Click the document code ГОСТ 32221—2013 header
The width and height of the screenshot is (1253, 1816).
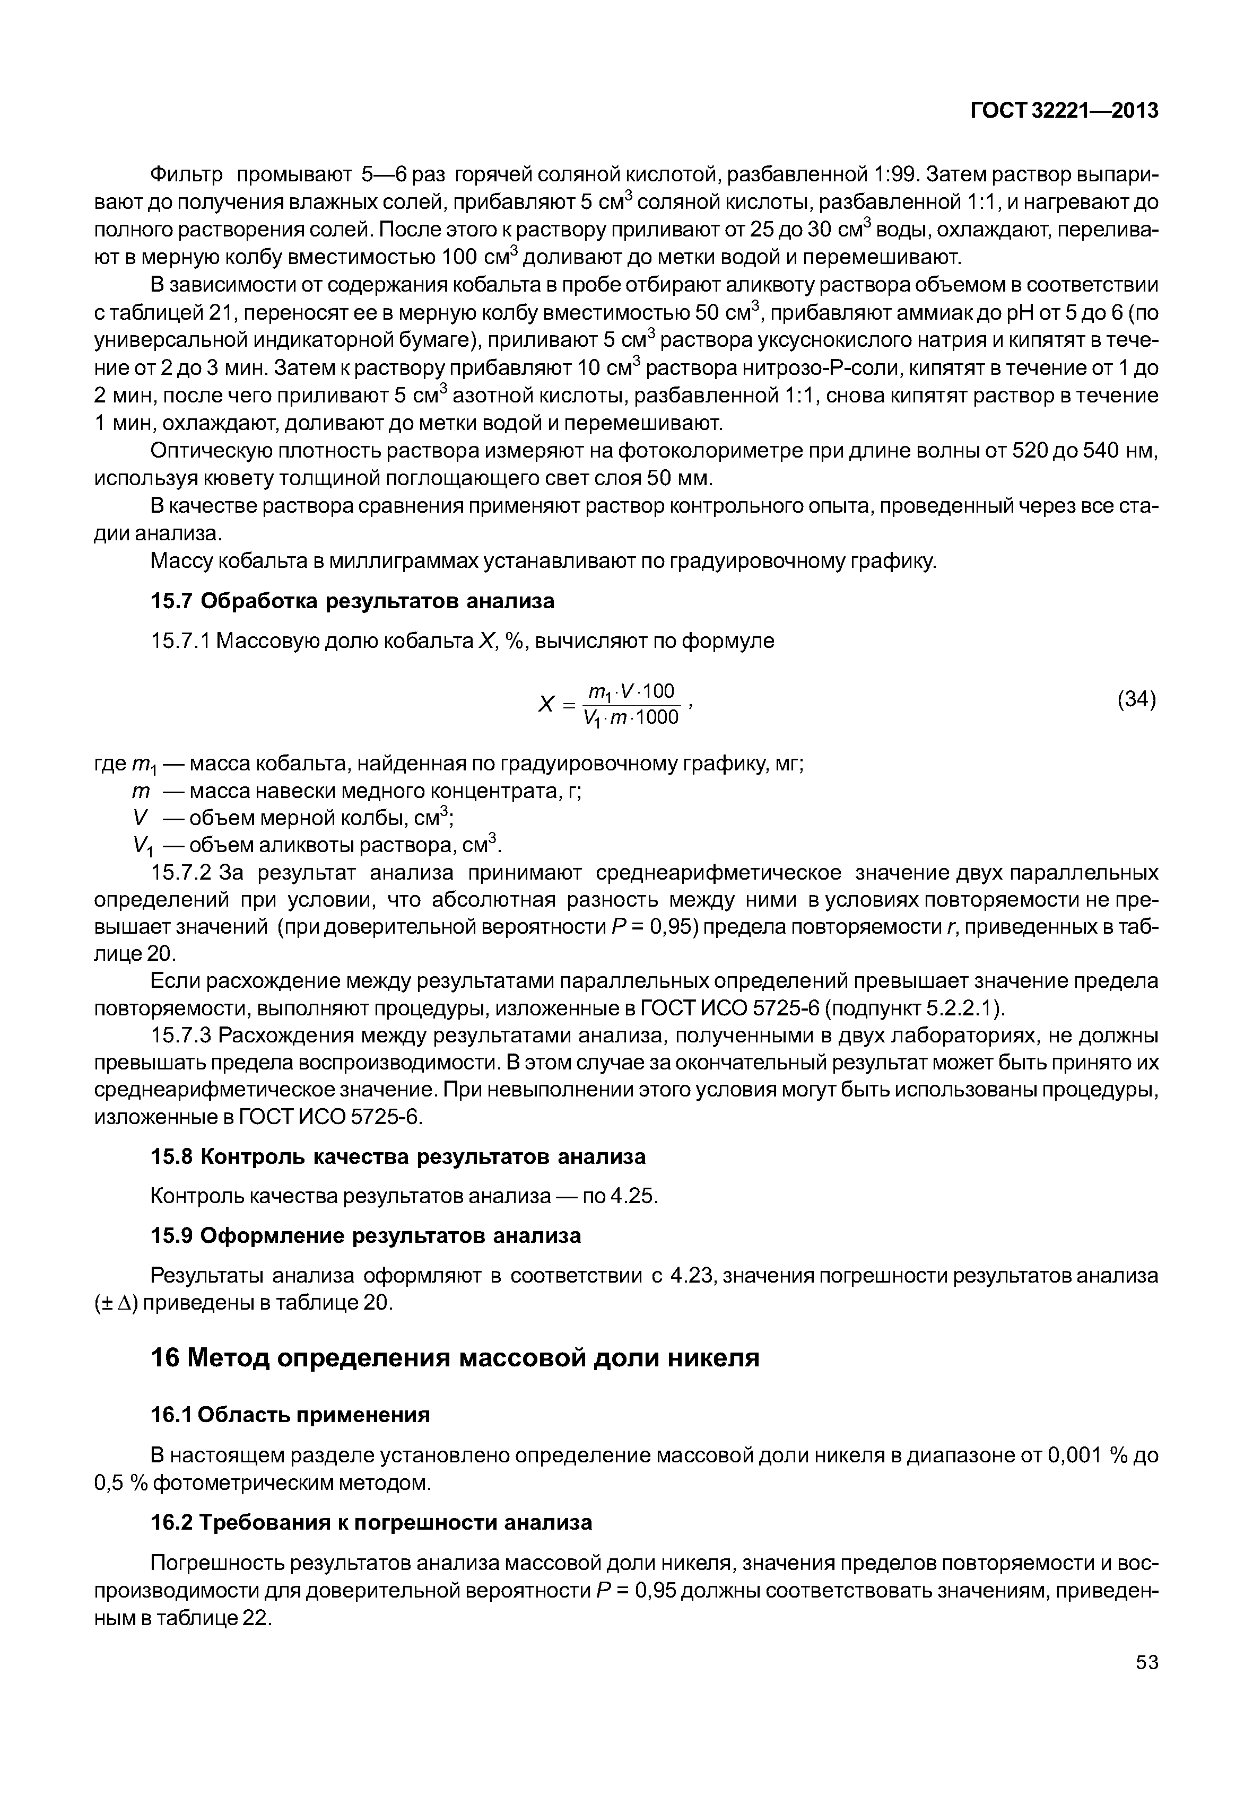tap(1064, 111)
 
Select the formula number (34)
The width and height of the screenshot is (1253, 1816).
tap(1136, 698)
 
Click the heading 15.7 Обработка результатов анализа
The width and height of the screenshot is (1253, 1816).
tap(352, 601)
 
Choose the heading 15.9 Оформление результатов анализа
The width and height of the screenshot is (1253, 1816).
tap(365, 1236)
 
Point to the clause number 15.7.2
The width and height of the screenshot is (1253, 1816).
tap(180, 873)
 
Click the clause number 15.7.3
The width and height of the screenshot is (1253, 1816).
tap(180, 1036)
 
